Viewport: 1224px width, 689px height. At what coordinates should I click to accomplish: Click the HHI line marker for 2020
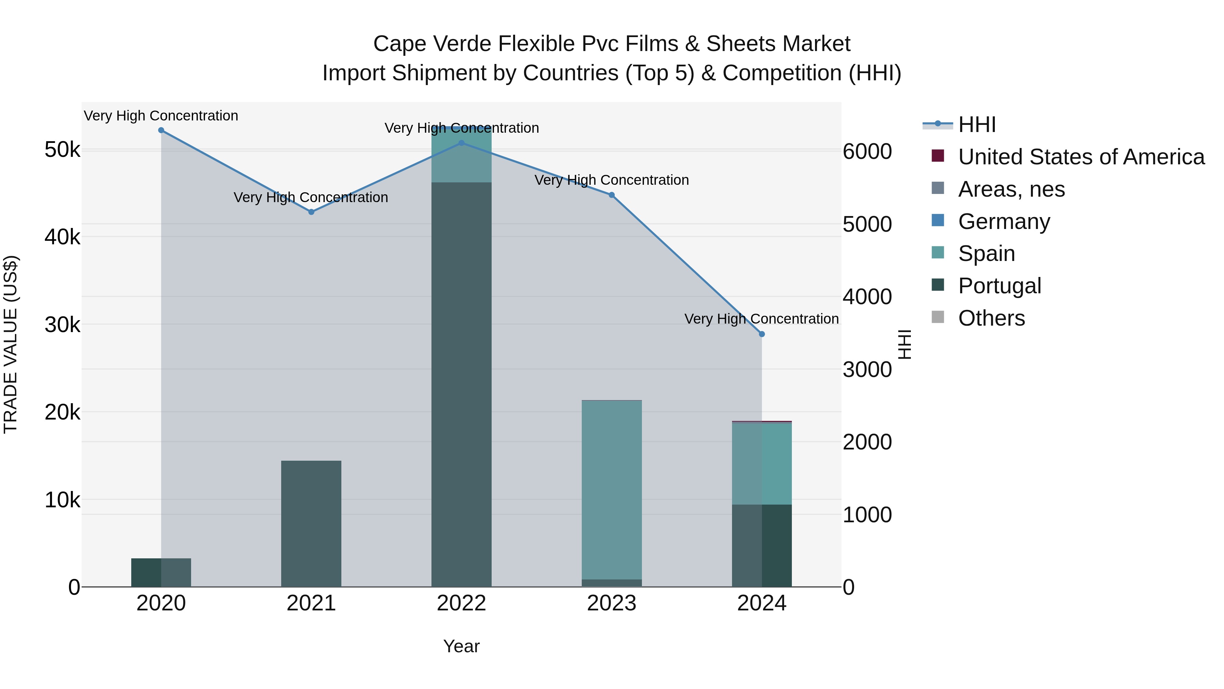point(161,130)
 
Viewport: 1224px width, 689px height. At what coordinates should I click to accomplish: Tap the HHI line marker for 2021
point(311,212)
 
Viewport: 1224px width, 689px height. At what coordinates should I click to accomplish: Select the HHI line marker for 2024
point(762,334)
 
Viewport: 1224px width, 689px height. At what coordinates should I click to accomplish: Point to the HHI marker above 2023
point(612,195)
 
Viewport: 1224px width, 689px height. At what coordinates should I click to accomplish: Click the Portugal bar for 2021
point(311,523)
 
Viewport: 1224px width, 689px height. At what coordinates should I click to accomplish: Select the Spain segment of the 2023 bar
point(612,490)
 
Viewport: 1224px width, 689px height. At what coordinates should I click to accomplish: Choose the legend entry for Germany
point(1004,222)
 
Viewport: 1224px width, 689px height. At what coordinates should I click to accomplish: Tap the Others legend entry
point(991,318)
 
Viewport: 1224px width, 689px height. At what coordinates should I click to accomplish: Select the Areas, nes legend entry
point(1011,189)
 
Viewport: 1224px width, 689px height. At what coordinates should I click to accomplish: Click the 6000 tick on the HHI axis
point(867,152)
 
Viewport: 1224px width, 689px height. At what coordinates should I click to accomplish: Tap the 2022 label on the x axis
point(461,603)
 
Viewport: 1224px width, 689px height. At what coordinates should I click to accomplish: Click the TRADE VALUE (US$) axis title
point(11,344)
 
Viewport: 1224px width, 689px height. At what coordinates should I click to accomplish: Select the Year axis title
point(461,646)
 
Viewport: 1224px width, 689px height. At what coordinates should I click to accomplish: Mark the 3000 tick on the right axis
point(867,370)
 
